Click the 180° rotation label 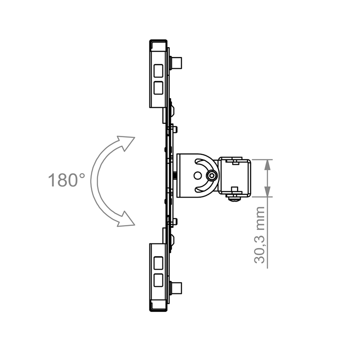click(x=66, y=180)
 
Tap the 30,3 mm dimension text click(x=259, y=235)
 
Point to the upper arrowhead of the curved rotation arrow click(x=126, y=142)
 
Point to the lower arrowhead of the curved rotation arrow click(x=126, y=219)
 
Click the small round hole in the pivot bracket click(x=198, y=175)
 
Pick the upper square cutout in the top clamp click(x=158, y=70)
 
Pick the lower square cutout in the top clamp click(x=158, y=87)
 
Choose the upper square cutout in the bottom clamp click(x=158, y=262)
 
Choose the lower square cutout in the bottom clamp click(x=158, y=280)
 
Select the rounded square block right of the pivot click(x=234, y=176)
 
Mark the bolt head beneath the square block click(x=234, y=198)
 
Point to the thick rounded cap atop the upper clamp click(x=158, y=41)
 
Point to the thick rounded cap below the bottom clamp click(x=158, y=310)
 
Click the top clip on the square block click(x=234, y=159)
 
